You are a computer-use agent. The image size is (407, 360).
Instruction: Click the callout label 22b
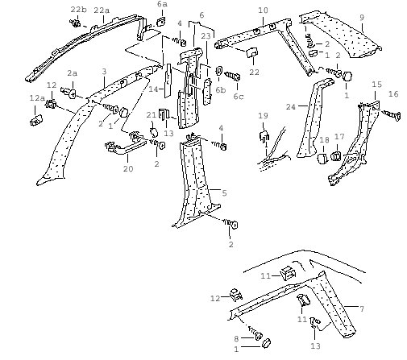(79, 10)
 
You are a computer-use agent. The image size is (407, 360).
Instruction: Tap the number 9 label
(362, 18)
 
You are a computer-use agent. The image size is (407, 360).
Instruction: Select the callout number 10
(263, 10)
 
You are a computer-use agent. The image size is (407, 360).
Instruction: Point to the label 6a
(162, 4)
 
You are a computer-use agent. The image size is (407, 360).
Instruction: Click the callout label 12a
(37, 98)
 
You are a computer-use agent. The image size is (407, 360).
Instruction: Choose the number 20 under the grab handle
(128, 169)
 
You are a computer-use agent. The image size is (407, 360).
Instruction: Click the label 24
(291, 107)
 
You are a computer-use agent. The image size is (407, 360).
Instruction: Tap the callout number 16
(393, 94)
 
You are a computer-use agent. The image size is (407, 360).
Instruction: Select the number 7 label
(362, 309)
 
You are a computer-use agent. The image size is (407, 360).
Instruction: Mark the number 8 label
(236, 339)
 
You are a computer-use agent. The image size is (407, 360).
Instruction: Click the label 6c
(238, 97)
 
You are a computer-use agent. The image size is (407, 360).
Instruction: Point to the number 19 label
(263, 116)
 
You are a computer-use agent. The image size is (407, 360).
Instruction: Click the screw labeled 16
(392, 115)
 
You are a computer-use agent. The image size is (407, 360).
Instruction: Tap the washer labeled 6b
(218, 71)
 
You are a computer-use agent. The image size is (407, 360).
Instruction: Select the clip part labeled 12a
(35, 120)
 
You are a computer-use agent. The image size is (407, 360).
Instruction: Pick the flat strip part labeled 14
(168, 81)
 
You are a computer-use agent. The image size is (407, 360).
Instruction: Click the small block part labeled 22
(252, 52)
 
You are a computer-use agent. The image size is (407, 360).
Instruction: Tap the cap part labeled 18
(322, 158)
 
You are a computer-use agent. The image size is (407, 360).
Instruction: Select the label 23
(206, 36)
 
